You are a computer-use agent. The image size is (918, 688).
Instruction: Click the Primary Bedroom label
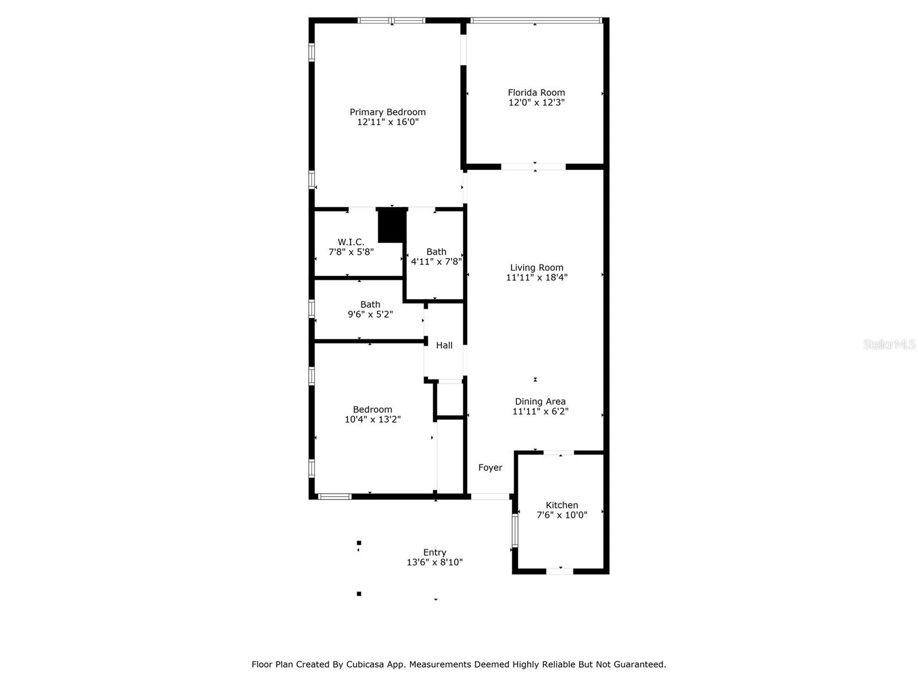(x=387, y=112)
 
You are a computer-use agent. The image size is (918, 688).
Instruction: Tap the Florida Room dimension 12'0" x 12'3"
(x=536, y=103)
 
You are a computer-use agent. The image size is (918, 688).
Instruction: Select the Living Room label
(x=536, y=268)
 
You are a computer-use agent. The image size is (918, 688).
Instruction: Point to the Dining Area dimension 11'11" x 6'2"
(x=540, y=412)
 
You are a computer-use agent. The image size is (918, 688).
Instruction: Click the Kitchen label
(x=562, y=505)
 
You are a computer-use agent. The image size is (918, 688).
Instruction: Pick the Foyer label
(x=490, y=468)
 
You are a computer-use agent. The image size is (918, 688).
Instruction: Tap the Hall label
(x=444, y=345)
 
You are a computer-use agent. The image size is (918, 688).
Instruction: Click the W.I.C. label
(x=351, y=242)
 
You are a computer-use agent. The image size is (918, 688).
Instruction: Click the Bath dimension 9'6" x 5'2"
(x=370, y=315)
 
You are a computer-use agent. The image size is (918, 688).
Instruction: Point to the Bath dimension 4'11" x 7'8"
(x=436, y=261)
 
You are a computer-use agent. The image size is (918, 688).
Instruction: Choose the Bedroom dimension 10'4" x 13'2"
(x=372, y=420)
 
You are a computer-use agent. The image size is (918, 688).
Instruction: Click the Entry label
(x=434, y=553)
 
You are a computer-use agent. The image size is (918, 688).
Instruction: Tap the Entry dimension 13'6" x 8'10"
(x=434, y=562)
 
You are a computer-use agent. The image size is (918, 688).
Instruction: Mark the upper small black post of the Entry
(x=359, y=543)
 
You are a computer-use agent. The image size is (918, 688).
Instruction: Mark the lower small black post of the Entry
(x=359, y=594)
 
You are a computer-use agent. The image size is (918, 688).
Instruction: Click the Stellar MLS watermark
(x=889, y=345)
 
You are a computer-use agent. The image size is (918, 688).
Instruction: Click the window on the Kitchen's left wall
(x=515, y=530)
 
